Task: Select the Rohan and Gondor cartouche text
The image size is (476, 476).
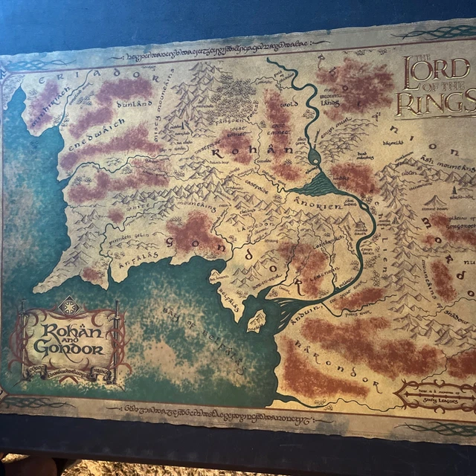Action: coord(68,339)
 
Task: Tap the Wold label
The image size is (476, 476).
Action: coord(284,105)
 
